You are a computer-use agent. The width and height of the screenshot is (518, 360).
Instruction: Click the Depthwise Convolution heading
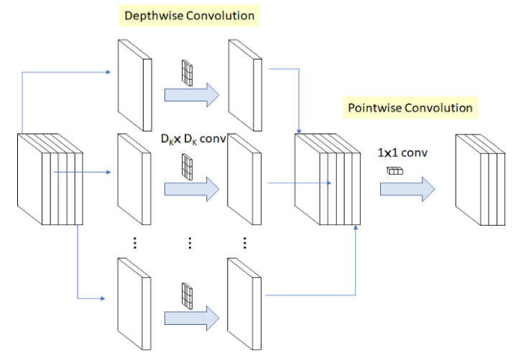tap(190, 15)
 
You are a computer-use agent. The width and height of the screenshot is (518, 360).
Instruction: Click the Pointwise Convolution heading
tap(410, 108)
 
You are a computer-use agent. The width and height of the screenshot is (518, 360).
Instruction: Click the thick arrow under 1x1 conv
tap(407, 188)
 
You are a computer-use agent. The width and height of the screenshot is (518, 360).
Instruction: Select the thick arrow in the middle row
tap(191, 188)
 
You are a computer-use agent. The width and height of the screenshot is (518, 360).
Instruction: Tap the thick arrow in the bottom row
tap(191, 317)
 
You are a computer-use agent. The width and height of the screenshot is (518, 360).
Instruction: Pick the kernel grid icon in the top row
tap(188, 73)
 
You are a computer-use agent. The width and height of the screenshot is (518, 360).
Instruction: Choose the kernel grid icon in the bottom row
tap(188, 294)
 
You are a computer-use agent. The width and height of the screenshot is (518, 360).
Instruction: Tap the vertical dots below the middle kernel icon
tap(190, 242)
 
